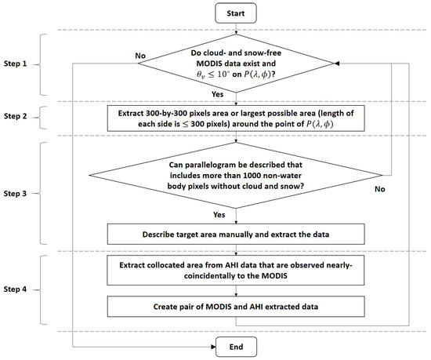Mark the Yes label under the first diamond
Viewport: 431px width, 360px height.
point(217,94)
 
